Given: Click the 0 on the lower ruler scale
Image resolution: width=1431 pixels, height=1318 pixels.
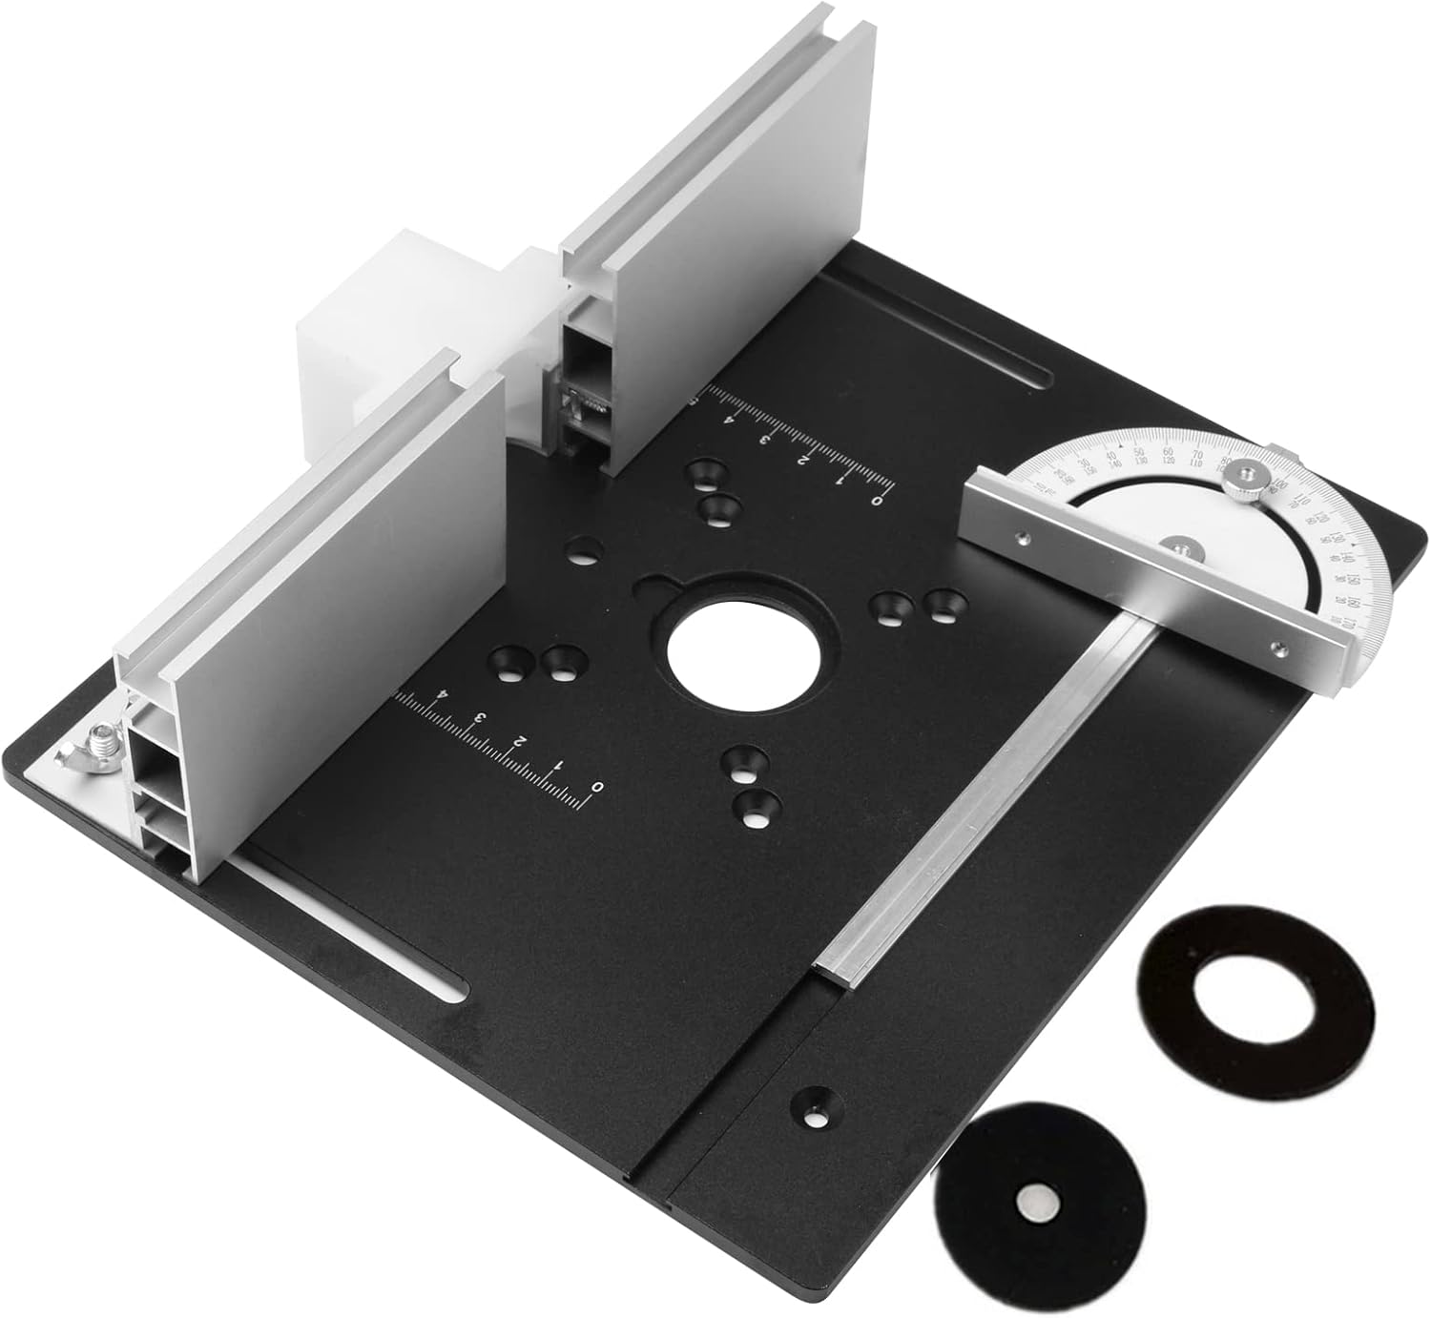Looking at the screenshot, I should (597, 788).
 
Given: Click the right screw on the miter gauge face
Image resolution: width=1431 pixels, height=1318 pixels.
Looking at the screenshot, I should (1277, 649).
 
